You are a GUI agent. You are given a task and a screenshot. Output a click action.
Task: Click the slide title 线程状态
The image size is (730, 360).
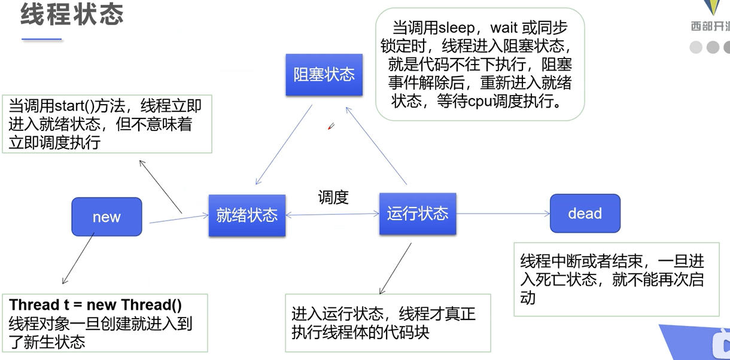click(x=72, y=15)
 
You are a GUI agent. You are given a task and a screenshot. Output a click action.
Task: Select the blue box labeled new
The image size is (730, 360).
click(x=107, y=216)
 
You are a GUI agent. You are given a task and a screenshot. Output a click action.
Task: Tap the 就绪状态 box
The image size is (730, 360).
click(x=247, y=215)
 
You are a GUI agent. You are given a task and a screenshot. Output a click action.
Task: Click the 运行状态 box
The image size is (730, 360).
click(x=418, y=213)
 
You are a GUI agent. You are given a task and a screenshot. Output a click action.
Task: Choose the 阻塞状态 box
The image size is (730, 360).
click(x=324, y=75)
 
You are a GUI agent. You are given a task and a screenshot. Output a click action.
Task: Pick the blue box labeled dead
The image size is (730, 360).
click(x=585, y=213)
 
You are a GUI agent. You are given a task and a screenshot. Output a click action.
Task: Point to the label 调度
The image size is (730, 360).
click(x=333, y=197)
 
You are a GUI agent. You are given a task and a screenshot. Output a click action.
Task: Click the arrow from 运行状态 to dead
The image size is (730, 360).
click(x=503, y=213)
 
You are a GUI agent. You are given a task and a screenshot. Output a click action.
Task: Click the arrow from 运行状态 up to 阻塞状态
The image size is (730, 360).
click(x=377, y=146)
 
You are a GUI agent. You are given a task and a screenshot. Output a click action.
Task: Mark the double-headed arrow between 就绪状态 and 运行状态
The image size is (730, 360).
click(x=332, y=215)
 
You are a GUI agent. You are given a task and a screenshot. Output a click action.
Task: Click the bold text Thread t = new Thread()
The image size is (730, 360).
click(x=96, y=304)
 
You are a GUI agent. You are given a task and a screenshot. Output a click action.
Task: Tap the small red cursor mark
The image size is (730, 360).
click(x=330, y=126)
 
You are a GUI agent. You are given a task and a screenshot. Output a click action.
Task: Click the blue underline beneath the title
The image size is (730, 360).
click(x=42, y=39)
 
